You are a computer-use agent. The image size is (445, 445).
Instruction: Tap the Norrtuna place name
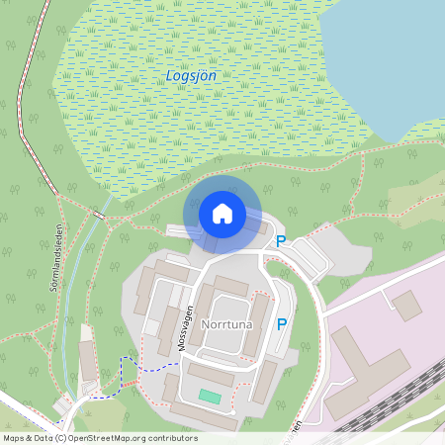click(229, 323)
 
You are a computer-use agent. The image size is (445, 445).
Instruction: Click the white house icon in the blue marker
click(222, 213)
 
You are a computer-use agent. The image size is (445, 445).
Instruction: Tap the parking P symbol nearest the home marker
click(281, 240)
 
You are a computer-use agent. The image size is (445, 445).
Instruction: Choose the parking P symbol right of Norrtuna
click(282, 323)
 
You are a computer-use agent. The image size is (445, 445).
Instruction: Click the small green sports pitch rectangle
click(209, 396)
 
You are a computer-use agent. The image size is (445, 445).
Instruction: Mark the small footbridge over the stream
click(98, 214)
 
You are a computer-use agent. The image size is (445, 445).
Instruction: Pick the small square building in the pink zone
click(406, 304)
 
